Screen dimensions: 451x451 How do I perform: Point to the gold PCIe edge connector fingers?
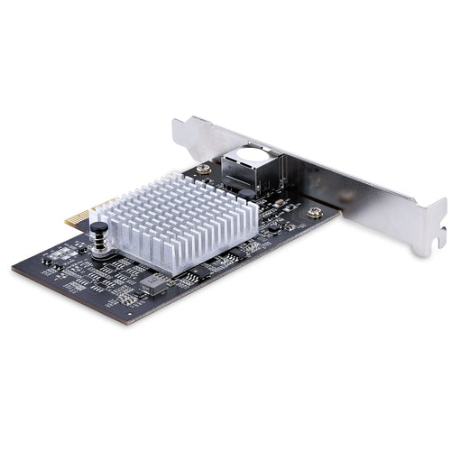[81, 216]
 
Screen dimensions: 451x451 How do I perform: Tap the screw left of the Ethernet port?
[206, 167]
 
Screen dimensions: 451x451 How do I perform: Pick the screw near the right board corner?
[314, 213]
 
